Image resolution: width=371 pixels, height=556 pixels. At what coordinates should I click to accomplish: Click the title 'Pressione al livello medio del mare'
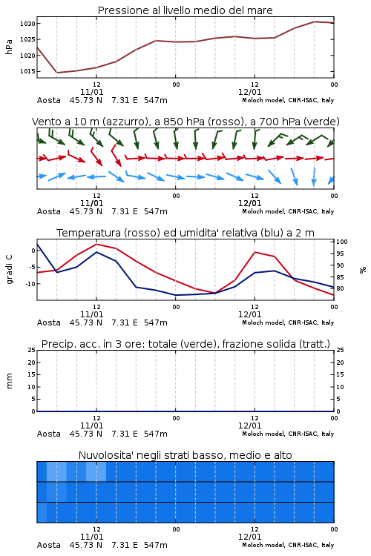point(185,10)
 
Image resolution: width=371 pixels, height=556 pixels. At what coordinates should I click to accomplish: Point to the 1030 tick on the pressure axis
point(27,24)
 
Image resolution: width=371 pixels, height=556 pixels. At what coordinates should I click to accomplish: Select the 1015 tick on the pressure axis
point(27,71)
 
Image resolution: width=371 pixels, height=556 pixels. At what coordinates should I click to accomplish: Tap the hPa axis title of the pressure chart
point(9,47)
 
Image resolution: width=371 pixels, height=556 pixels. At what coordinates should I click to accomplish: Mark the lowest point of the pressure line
point(57,73)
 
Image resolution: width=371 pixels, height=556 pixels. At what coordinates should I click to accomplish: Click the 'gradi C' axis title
point(10,269)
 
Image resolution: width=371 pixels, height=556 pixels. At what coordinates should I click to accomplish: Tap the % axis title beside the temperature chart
point(363,270)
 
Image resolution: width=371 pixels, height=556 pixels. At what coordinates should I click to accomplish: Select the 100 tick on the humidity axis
point(342,242)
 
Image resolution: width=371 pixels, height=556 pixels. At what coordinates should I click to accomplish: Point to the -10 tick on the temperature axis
point(30,284)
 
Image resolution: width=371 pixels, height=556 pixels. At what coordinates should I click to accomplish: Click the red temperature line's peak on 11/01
point(96,244)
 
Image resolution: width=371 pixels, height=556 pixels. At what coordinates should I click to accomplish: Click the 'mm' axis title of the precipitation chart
point(9,381)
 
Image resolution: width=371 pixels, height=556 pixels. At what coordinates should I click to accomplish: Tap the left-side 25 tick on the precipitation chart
point(32,350)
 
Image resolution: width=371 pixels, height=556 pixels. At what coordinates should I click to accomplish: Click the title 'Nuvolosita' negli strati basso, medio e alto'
point(185,455)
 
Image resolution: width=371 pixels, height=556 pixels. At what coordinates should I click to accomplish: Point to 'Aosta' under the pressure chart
point(49,100)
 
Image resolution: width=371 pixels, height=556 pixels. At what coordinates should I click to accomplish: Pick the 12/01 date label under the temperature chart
point(249,314)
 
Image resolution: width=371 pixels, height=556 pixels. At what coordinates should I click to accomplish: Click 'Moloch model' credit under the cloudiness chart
point(263,545)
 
